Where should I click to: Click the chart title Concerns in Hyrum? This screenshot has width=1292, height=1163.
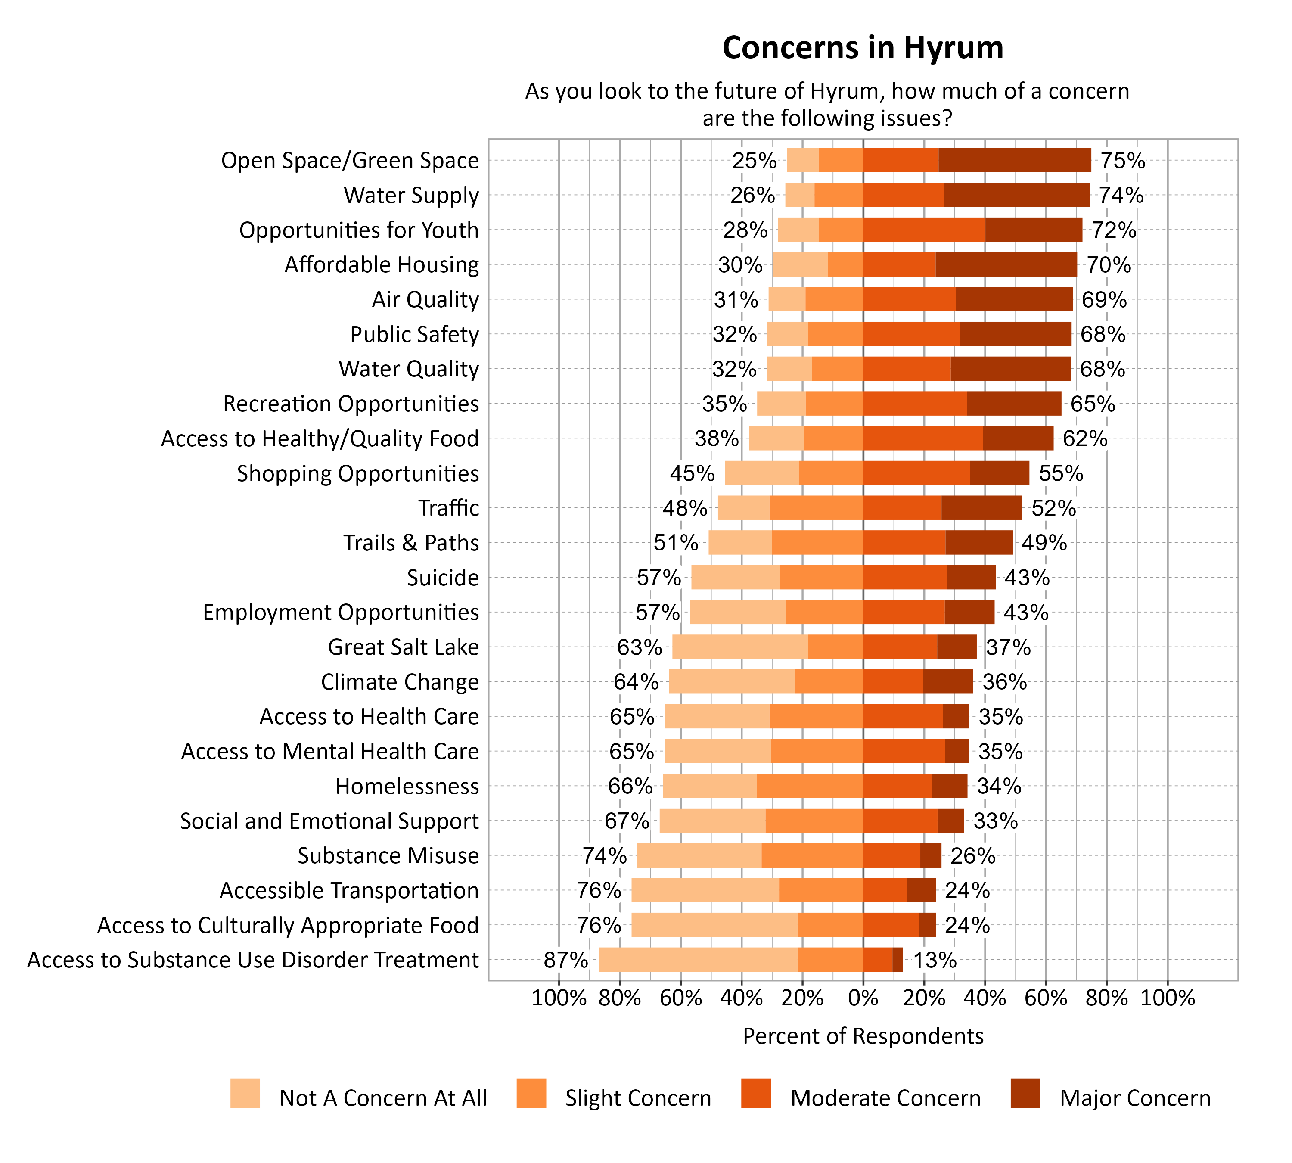tap(863, 48)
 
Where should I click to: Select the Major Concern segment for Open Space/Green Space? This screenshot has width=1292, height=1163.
tap(1014, 160)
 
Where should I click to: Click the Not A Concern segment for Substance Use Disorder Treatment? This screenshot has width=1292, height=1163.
tap(697, 960)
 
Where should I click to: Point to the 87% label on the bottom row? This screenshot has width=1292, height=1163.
tap(565, 960)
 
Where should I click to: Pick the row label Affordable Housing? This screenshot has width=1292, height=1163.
tap(382, 264)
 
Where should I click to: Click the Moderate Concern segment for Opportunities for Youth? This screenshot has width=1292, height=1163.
tap(923, 230)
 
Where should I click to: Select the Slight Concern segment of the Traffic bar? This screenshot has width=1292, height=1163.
tap(816, 508)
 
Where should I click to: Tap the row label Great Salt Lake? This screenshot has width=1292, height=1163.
tap(403, 647)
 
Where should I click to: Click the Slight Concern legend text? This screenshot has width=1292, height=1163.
tap(638, 1098)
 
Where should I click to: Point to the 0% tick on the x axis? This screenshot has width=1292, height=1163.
tap(863, 998)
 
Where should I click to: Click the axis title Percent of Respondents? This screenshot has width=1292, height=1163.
tap(863, 1036)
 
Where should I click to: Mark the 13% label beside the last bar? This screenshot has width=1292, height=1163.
tap(934, 960)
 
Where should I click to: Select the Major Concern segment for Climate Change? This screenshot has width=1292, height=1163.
tap(947, 682)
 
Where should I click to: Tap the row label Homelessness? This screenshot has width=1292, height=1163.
tap(407, 786)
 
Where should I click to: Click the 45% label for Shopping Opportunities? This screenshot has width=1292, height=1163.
tap(692, 473)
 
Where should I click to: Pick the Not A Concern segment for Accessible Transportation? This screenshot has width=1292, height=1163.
tap(705, 890)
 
